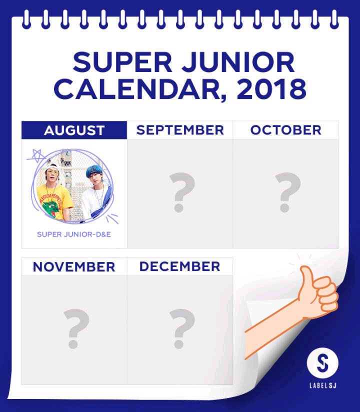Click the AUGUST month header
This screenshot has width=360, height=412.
74,130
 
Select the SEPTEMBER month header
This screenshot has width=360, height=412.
180,130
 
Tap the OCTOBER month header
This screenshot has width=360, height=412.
285,130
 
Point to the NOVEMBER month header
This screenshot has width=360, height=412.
74,266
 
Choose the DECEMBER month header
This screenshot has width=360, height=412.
179,266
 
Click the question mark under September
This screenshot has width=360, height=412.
182,192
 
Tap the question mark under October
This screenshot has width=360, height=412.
287,192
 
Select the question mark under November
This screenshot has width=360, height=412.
76,329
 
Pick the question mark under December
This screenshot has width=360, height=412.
182,329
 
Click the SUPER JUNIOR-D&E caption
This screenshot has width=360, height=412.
74,234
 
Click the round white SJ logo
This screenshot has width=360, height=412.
322,363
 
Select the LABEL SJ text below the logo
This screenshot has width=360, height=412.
323,385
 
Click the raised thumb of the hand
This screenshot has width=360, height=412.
306,277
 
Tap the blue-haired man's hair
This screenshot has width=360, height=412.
94,171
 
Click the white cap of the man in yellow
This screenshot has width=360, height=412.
50,167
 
